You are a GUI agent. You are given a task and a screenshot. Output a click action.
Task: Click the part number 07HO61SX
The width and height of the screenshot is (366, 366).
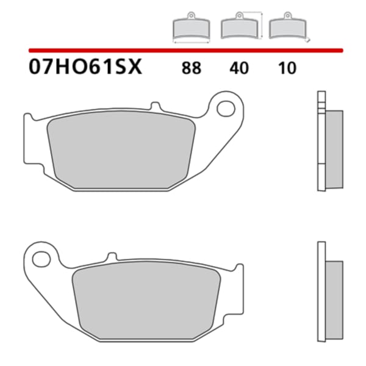click(85, 66)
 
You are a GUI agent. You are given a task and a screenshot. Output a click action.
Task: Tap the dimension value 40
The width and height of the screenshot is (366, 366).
click(240, 68)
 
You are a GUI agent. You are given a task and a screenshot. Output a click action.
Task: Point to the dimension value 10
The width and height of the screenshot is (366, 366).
click(286, 68)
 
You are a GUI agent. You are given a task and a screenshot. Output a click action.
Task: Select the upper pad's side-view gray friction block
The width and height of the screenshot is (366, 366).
click(332, 149)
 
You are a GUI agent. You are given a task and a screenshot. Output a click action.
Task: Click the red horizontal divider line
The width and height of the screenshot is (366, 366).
click(183, 50)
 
